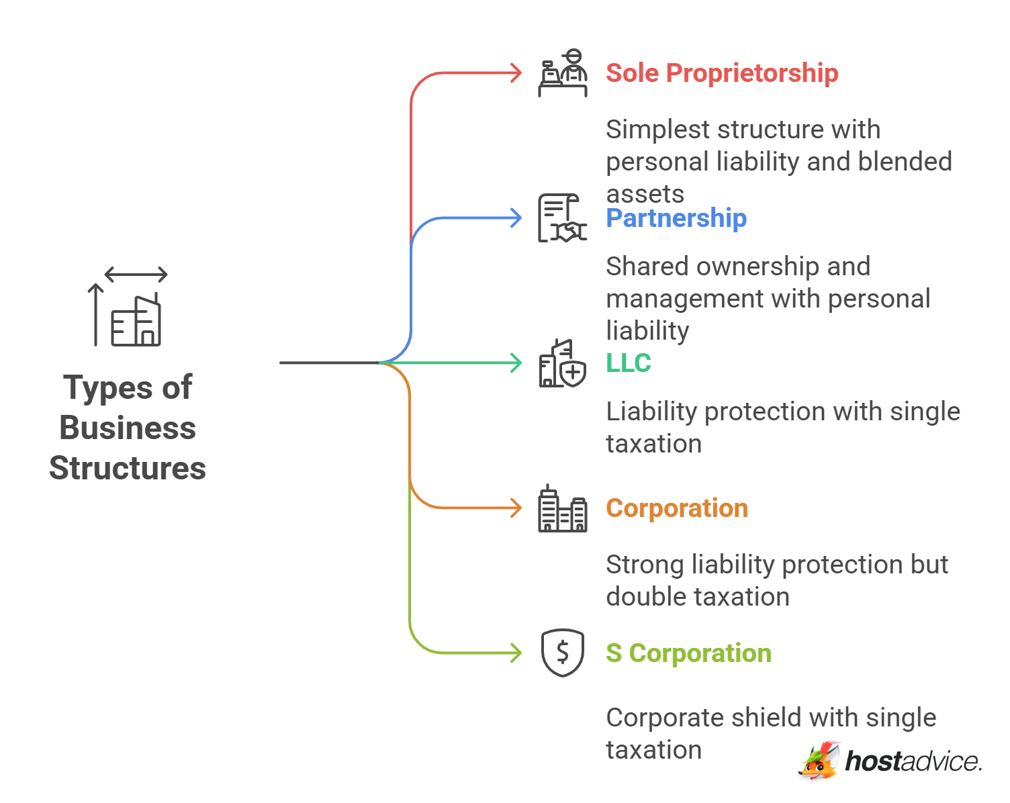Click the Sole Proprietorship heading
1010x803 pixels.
coord(722,73)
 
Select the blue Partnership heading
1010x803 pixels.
coord(676,218)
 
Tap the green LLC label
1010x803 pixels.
coord(629,363)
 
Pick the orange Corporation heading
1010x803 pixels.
coord(677,508)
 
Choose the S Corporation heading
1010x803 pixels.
coord(688,653)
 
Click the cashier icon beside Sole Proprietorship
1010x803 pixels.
coord(563,73)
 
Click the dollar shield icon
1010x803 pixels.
coord(563,653)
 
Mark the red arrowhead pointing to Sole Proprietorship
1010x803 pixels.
coord(516,73)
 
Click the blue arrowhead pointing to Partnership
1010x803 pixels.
coord(516,218)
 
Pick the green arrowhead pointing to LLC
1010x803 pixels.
coord(516,363)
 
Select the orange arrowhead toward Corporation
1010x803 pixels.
coord(516,508)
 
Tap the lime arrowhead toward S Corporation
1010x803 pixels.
coord(516,653)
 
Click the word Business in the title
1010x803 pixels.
coord(128,428)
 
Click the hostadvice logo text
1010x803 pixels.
coord(913,761)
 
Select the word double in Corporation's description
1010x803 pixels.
coord(643,597)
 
